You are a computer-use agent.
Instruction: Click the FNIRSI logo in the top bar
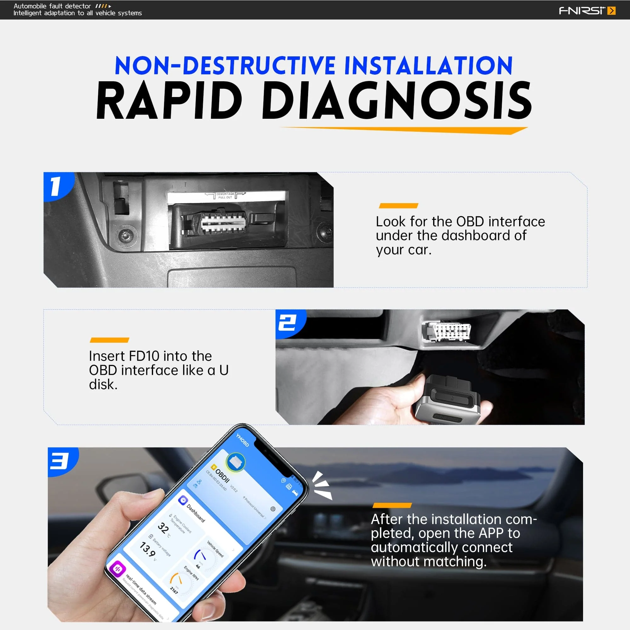582,10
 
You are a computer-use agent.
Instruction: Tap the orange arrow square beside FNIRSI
612,11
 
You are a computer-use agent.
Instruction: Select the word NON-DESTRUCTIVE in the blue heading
225,66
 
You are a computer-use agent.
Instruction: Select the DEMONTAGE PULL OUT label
225,195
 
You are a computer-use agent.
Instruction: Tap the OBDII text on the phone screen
223,476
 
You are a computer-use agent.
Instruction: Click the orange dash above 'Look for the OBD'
398,206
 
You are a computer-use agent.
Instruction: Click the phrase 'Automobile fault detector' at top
52,6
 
